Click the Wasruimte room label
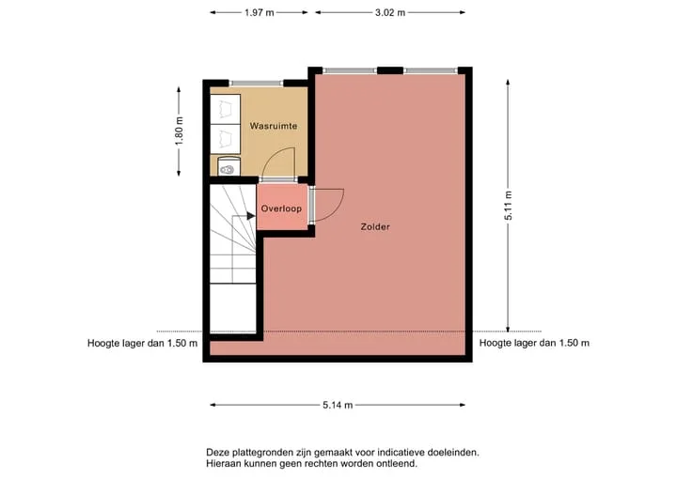point(274,126)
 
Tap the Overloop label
point(281,208)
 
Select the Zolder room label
point(375,226)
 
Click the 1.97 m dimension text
point(260,12)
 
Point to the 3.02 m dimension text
point(390,12)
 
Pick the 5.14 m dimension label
point(338,405)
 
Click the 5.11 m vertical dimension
point(508,206)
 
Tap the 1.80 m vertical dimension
point(180,131)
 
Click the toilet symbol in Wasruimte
point(228,166)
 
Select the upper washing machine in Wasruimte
point(225,109)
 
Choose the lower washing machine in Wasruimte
point(225,139)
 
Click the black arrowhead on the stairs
point(251,216)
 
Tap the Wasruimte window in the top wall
point(256,84)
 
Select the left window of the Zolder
point(350,70)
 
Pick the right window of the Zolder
point(431,70)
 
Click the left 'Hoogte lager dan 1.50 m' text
point(143,344)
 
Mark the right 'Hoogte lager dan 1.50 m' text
point(534,344)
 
